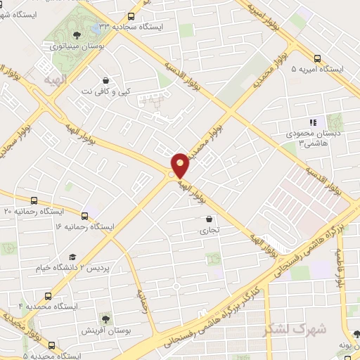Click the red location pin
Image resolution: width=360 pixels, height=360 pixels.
pos(180,165)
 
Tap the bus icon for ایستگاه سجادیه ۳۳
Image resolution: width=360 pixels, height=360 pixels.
pos(131,16)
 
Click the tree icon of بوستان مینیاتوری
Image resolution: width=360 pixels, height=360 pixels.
pos(77,34)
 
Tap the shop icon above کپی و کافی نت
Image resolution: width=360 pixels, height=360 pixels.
pos(105,81)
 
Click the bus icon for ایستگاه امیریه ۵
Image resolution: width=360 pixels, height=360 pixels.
pos(318,58)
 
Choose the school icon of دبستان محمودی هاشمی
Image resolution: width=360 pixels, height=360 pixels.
pos(314,122)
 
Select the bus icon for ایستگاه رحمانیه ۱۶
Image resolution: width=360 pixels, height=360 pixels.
pos(85,216)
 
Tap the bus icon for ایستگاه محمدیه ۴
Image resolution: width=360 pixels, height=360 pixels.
pos(47,296)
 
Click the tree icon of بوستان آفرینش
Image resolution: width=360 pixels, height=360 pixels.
pos(105,319)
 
